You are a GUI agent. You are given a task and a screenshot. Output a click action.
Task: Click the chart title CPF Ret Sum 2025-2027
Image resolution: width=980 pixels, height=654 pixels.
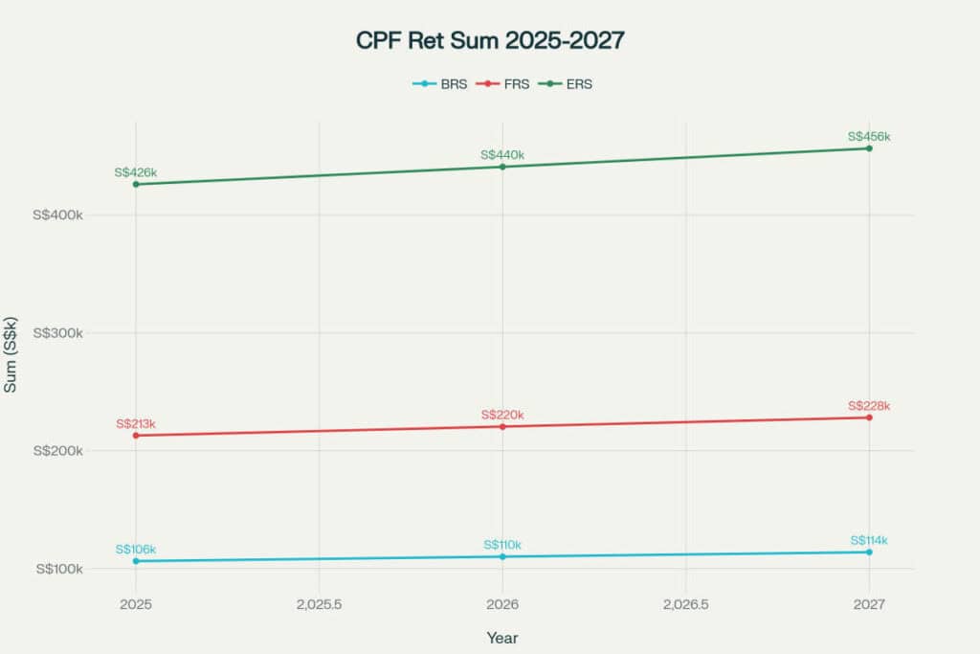(x=490, y=41)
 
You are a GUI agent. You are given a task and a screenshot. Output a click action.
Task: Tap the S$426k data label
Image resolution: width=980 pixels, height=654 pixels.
(x=135, y=172)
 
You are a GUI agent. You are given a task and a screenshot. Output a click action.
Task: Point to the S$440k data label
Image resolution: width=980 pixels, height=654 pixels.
(x=502, y=155)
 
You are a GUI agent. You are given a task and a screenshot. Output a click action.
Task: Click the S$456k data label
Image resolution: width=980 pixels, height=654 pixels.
(x=869, y=137)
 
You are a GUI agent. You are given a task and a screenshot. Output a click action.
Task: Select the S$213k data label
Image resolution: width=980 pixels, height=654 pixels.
(x=136, y=423)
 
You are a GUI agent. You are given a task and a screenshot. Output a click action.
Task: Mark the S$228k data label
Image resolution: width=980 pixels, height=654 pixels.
(x=869, y=406)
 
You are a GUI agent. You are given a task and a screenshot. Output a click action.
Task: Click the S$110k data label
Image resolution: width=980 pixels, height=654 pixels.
(x=502, y=545)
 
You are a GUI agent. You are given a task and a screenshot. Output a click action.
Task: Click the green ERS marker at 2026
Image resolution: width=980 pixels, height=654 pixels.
(x=502, y=167)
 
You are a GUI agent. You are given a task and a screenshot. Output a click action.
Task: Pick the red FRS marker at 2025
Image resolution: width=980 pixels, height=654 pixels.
(x=136, y=436)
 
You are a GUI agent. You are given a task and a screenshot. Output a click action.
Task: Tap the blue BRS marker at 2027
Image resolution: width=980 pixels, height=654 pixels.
(x=869, y=552)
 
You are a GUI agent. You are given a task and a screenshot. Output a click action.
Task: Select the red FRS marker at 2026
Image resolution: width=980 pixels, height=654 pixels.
(x=502, y=426)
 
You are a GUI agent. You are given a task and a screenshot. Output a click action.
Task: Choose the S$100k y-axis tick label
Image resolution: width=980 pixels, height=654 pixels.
(x=59, y=569)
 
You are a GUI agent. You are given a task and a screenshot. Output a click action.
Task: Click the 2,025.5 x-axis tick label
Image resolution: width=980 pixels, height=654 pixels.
(x=319, y=604)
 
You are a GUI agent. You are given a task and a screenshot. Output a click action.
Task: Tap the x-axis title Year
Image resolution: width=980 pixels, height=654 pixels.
(x=502, y=637)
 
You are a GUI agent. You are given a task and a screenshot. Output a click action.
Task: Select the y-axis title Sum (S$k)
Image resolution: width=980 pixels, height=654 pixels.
(x=11, y=355)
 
